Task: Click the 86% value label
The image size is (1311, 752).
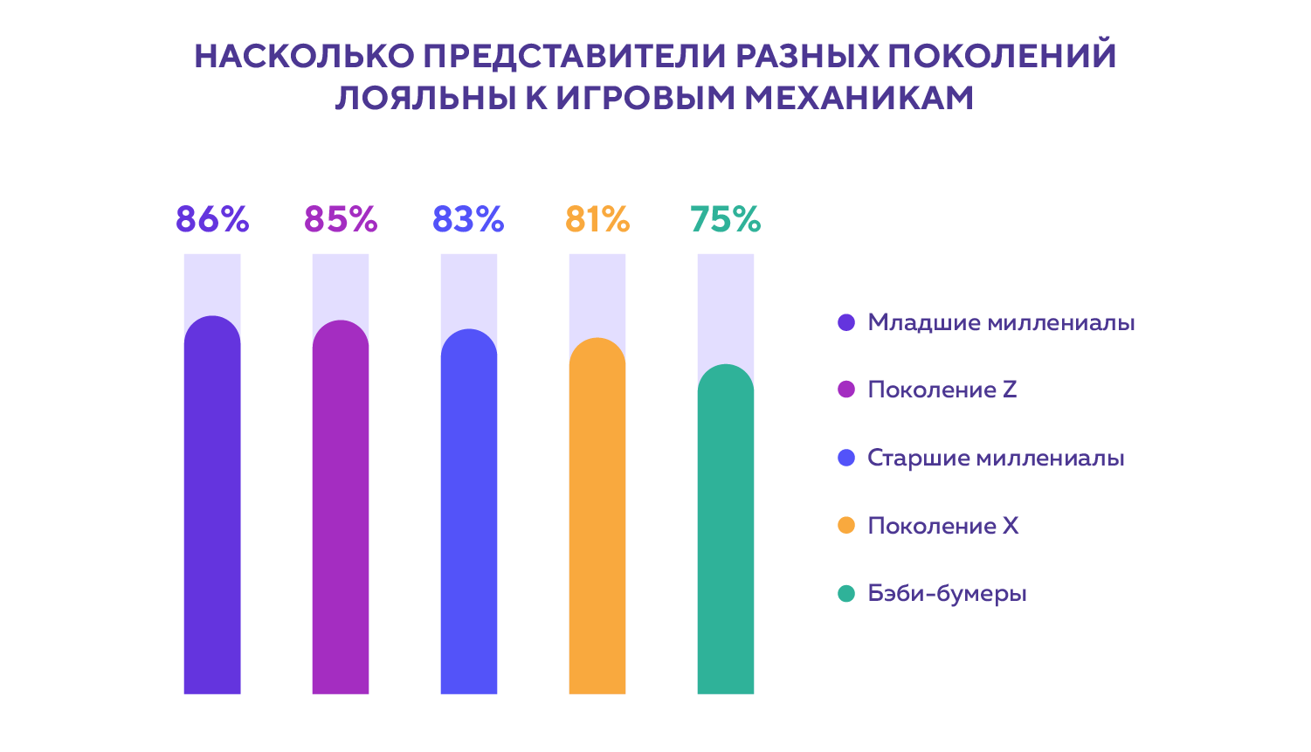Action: point(212,219)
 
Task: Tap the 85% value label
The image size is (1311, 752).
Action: point(341,219)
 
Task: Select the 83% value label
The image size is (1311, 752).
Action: point(468,219)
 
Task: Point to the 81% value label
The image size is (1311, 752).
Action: point(597,219)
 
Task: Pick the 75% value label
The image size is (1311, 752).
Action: point(725,219)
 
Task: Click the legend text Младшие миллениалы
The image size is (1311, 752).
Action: point(1001,323)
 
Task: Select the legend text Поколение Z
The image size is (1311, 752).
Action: point(942,390)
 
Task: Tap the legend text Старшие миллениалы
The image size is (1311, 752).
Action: point(996,459)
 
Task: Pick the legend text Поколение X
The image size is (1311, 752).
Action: point(942,526)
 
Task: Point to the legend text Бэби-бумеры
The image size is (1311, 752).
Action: point(947,594)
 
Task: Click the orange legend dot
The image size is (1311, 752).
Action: point(845,526)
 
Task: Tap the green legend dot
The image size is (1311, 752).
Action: point(845,594)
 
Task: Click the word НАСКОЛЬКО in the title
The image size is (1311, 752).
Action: point(304,57)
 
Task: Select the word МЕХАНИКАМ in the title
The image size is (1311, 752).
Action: point(859,98)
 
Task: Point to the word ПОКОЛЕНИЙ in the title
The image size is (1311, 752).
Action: point(1002,57)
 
